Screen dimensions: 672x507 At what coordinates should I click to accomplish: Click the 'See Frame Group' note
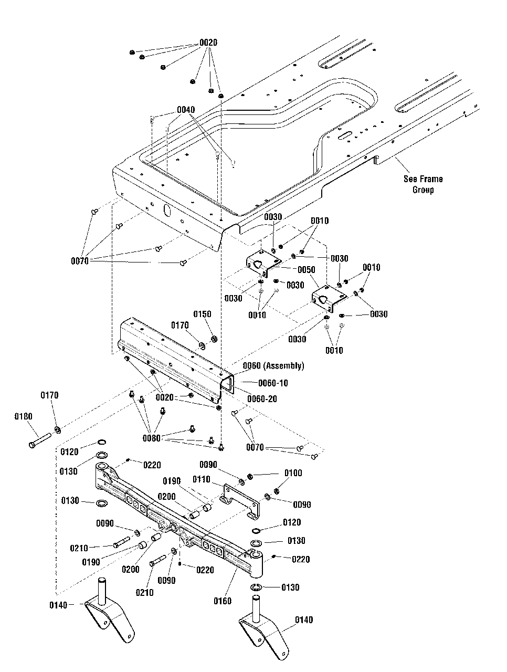point(423,184)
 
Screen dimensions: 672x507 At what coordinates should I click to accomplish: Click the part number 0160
point(223,601)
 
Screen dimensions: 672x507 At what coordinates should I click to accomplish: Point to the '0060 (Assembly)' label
point(273,365)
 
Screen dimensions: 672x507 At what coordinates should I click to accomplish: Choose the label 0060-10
point(272,383)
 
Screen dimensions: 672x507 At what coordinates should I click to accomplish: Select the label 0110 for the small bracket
point(201,479)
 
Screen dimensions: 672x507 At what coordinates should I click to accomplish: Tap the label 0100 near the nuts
point(293,473)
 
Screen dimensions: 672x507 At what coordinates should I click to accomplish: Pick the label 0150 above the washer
point(202,314)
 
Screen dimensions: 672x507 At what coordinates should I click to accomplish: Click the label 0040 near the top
point(186,110)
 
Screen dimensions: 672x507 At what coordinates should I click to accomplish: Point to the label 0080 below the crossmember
point(152,437)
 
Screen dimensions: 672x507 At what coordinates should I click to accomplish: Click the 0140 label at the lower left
point(59,605)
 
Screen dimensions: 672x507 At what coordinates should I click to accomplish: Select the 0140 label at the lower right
point(304,620)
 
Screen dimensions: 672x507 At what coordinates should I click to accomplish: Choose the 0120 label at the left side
point(69,451)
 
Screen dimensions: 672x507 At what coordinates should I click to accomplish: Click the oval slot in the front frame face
point(167,209)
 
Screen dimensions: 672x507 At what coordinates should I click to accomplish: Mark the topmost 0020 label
point(208,42)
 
